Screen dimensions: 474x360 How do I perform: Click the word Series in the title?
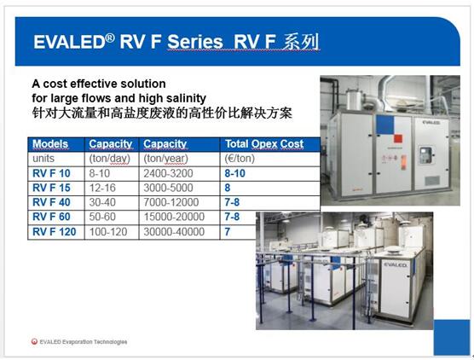(x=195, y=42)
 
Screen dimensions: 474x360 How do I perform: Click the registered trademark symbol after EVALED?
(x=110, y=38)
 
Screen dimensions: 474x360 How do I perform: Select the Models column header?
(x=50, y=143)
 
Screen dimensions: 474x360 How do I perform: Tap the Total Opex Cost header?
(x=264, y=143)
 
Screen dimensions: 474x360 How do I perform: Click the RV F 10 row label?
(x=51, y=173)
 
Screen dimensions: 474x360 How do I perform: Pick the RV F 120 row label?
(x=54, y=232)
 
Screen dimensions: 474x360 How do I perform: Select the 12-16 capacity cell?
(x=102, y=188)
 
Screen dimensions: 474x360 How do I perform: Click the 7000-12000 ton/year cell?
(x=171, y=202)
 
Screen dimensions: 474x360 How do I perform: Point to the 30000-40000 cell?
(x=174, y=232)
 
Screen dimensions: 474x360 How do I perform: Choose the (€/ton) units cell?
(x=240, y=158)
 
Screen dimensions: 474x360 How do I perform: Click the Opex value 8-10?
(x=235, y=173)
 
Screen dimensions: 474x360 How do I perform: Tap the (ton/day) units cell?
(x=110, y=158)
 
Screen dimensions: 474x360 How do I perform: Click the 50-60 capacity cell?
(x=102, y=217)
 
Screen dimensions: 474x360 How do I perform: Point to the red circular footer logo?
(x=34, y=341)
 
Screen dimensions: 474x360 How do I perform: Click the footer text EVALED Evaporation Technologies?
(x=84, y=342)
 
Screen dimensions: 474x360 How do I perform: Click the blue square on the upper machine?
(x=384, y=125)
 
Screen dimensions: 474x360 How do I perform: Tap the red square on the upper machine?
(x=398, y=139)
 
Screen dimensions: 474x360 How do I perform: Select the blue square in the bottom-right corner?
(x=452, y=337)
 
